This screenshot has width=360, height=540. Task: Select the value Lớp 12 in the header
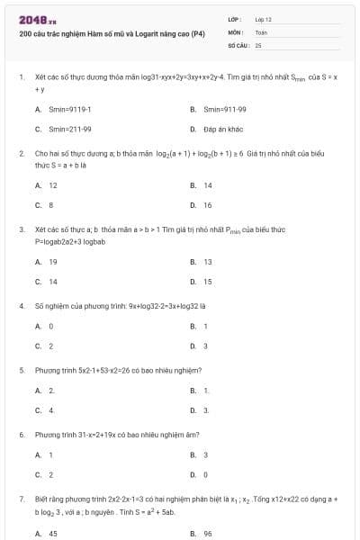pos(263,19)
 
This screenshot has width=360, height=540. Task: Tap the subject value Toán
pos(261,31)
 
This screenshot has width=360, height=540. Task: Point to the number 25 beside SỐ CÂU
pos(258,44)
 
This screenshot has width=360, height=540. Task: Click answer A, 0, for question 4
pos(51,326)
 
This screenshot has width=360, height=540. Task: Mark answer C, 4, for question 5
pos(51,410)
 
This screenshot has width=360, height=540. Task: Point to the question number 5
pos(21,370)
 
